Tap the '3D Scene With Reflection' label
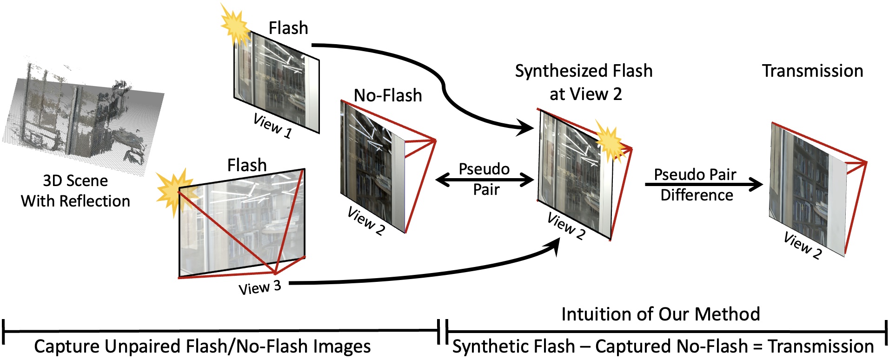coord(75,191)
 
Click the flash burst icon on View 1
coord(236,26)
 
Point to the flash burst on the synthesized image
coord(609,142)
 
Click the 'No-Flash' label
coord(388,95)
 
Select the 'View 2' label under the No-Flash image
coord(366,221)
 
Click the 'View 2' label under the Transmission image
coord(803,245)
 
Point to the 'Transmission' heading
coord(812,71)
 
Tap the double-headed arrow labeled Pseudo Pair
coord(484,180)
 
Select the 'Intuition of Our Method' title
coord(660,314)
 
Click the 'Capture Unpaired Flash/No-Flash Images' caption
coord(202,347)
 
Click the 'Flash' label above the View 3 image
coord(247,165)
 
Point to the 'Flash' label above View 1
coord(288,28)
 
